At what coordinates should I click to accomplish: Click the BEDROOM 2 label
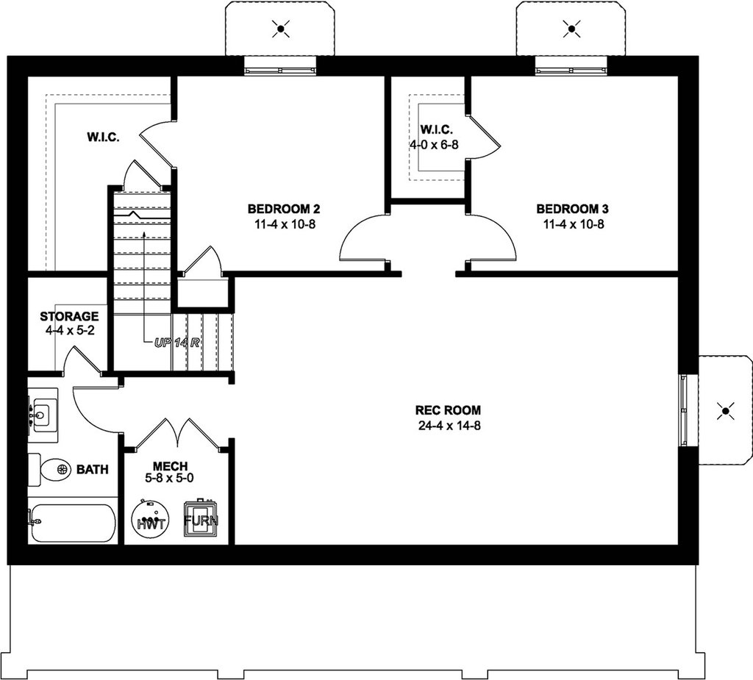(x=284, y=209)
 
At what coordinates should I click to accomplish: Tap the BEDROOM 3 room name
(x=572, y=209)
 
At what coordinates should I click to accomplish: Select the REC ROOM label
(x=448, y=410)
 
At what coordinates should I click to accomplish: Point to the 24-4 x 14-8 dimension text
(x=449, y=426)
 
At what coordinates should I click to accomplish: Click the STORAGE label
(x=69, y=316)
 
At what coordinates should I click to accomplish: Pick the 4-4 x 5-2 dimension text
(x=70, y=331)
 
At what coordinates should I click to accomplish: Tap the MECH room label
(x=170, y=466)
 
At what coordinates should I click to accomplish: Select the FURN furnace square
(x=201, y=520)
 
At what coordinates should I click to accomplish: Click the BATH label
(x=93, y=469)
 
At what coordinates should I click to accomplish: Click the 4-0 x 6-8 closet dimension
(x=434, y=145)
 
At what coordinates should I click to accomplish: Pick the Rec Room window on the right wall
(x=683, y=410)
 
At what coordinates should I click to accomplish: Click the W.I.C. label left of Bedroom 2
(x=103, y=137)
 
